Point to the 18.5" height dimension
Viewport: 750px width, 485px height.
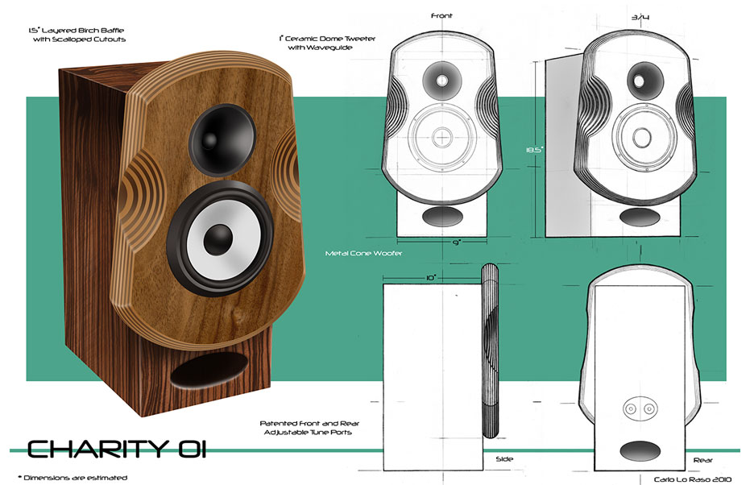point(531,151)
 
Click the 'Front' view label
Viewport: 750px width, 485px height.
point(441,15)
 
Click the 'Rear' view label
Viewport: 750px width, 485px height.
point(702,460)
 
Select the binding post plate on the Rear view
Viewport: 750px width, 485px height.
point(636,410)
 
